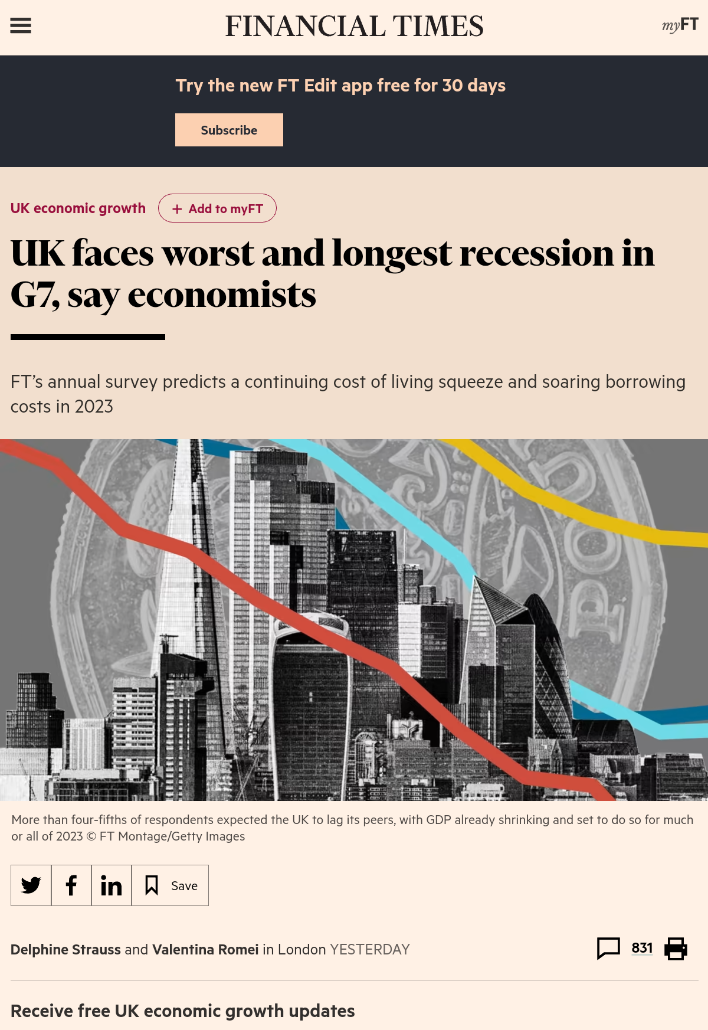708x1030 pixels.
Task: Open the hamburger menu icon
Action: click(x=21, y=25)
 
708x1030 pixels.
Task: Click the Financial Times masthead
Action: click(x=354, y=27)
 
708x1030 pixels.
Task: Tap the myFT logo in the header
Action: click(x=680, y=25)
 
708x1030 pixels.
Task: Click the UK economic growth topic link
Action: click(x=78, y=208)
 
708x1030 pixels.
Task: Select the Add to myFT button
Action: click(x=217, y=208)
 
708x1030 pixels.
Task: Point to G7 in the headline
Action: click(x=34, y=295)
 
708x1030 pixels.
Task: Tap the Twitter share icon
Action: click(x=31, y=885)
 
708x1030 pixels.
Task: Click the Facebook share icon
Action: click(x=71, y=885)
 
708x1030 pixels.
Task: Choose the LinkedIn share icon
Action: click(x=112, y=885)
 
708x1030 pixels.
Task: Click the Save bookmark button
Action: click(x=171, y=885)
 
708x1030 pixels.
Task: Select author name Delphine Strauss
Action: click(x=65, y=950)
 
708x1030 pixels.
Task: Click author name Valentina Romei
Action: click(x=205, y=950)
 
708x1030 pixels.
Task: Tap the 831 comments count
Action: click(x=642, y=948)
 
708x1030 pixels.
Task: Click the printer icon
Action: click(x=676, y=949)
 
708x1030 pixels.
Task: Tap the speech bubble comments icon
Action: click(x=608, y=948)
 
